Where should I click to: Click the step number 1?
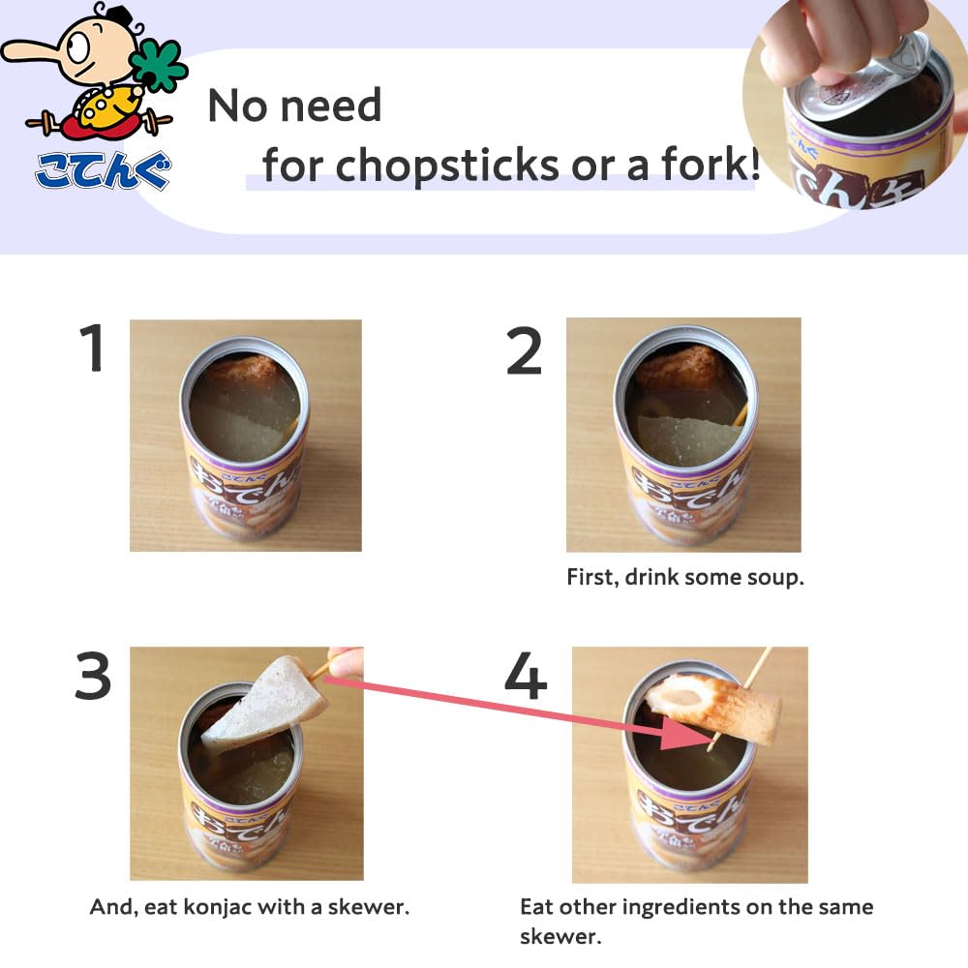pos(92,348)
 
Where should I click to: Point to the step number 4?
pos(526,676)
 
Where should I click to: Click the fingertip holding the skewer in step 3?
pos(346,662)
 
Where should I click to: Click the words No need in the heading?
pos(294,106)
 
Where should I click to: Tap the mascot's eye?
pos(78,45)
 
